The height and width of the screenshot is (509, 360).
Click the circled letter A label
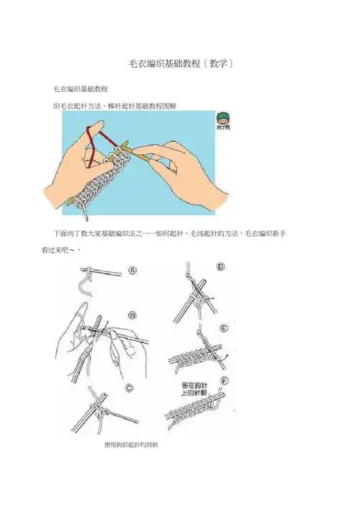[x=132, y=270]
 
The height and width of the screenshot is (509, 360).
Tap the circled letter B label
[x=132, y=315]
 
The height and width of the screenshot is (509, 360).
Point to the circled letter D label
[x=220, y=266]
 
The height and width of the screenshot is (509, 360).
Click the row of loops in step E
[x=191, y=356]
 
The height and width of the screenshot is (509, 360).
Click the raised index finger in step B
[x=78, y=317]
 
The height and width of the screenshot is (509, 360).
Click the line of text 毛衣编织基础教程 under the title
[x=81, y=89]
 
